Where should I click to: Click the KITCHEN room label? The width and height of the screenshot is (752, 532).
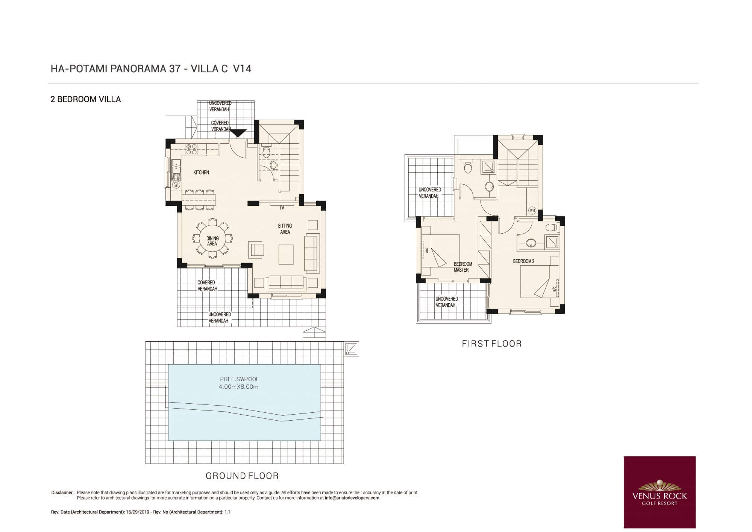click(x=201, y=172)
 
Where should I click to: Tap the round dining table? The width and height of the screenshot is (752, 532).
click(x=212, y=239)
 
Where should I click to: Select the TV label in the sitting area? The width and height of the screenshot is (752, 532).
click(x=282, y=208)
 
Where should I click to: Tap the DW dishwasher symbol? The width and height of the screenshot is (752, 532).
click(x=176, y=185)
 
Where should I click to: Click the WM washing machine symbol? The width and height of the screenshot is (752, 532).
click(x=532, y=211)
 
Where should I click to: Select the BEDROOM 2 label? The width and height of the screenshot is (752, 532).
click(x=524, y=261)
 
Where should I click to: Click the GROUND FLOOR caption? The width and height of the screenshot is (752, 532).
click(x=242, y=476)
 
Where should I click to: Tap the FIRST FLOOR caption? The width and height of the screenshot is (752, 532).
click(x=492, y=344)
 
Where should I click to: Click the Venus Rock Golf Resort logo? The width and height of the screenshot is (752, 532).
click(x=660, y=492)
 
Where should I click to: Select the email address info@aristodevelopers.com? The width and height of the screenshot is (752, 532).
click(x=352, y=498)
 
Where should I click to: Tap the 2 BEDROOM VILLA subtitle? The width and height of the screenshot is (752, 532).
click(x=86, y=99)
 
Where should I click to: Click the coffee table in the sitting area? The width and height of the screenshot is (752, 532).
click(x=286, y=255)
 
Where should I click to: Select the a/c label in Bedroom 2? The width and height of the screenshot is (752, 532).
click(x=554, y=289)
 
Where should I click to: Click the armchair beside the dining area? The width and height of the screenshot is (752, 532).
click(x=256, y=250)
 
